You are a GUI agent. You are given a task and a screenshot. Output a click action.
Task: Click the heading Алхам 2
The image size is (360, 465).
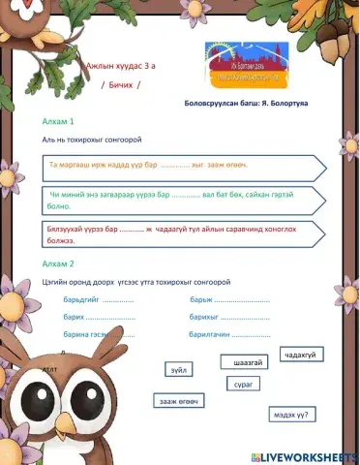coord(58,263)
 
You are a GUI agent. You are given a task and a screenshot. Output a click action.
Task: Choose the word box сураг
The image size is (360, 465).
coord(243,384)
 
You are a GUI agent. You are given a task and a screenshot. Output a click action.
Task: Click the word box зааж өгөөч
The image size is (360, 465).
coord(179,401)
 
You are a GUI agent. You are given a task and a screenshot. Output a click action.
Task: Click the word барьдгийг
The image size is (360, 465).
coord(81,299)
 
